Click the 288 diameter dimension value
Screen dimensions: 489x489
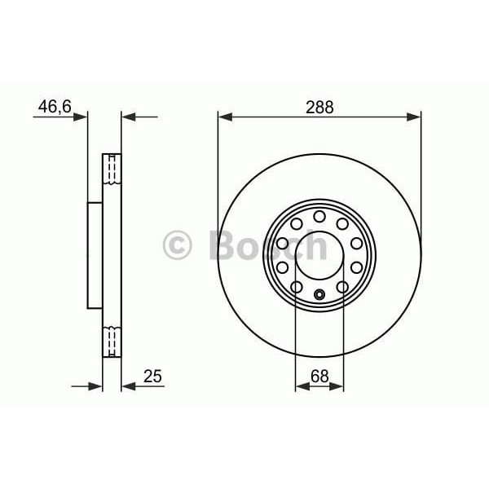point(319,107)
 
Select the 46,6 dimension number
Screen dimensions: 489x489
point(53,105)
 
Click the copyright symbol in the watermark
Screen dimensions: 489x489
point(177,244)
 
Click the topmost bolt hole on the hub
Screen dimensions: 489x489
point(319,216)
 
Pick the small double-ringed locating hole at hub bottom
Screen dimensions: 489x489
point(319,294)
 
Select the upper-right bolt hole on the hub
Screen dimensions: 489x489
point(342,223)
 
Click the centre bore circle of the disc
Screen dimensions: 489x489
point(319,255)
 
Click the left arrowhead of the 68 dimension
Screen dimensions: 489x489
point(301,386)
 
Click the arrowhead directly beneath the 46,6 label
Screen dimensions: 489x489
point(81,117)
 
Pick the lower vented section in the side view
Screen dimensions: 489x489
point(112,338)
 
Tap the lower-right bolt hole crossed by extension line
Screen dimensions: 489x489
point(343,286)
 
